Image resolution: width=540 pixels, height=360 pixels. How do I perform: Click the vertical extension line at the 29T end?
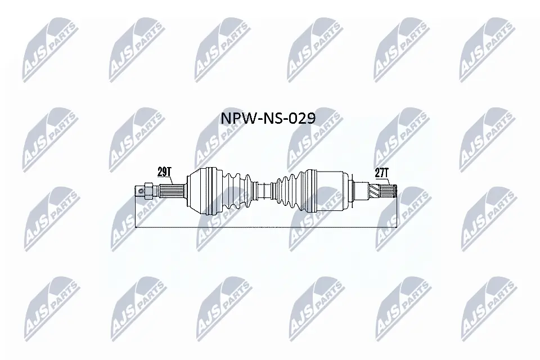[136, 214]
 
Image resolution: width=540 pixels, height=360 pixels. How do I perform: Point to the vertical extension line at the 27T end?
[398, 214]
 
